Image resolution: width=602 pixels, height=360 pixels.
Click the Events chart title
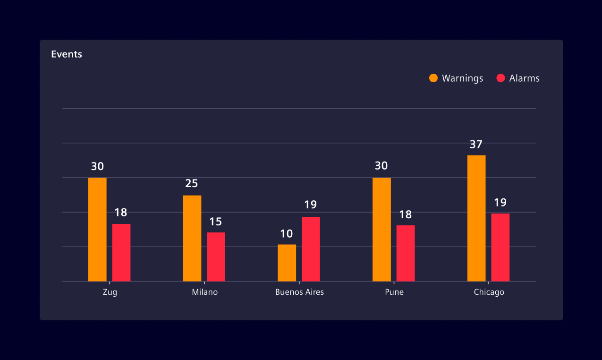[67, 54]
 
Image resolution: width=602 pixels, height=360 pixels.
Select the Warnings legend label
[462, 78]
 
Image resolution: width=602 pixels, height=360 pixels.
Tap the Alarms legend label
[524, 78]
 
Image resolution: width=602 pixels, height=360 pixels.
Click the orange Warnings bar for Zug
[97, 230]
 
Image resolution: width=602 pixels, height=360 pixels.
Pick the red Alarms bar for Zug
[121, 253]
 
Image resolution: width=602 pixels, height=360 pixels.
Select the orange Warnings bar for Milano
[192, 238]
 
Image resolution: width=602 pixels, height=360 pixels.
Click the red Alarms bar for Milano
[216, 257]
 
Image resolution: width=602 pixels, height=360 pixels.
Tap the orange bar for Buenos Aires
[287, 263]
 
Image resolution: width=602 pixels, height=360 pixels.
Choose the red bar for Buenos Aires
[311, 249]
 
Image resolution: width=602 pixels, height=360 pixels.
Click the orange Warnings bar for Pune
[382, 230]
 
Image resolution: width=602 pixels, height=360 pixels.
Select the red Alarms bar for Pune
[406, 253]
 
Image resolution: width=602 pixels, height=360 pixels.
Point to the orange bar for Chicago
[476, 218]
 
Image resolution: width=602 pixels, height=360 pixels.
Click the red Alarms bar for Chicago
[500, 248]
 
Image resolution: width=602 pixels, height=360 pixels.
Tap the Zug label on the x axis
[110, 292]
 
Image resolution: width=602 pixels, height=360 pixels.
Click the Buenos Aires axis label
[299, 292]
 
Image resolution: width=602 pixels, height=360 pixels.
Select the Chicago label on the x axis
[489, 292]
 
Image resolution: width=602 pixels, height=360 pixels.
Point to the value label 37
[476, 145]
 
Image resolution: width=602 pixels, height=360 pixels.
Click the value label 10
[287, 234]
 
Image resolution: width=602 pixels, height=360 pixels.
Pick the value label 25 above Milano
[191, 184]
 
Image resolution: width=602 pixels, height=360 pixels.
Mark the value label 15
[216, 222]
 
